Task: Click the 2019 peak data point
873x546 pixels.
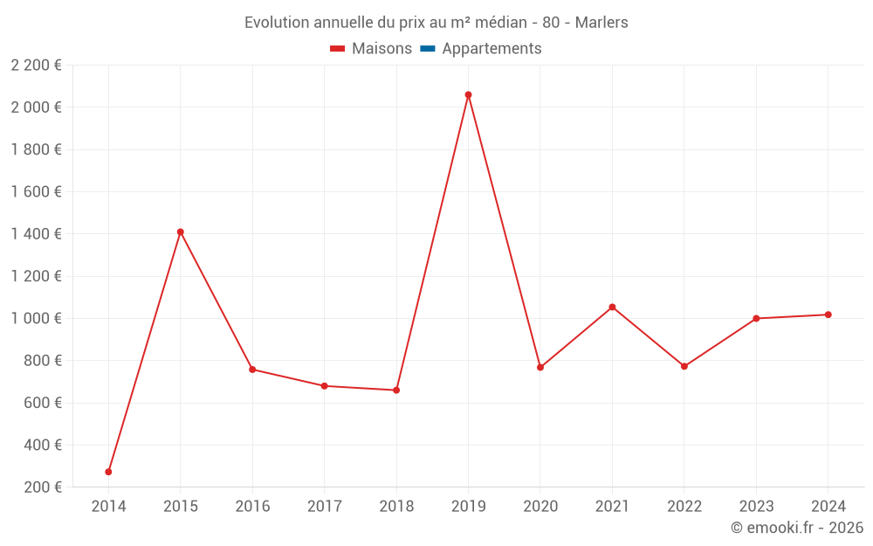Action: [468, 94]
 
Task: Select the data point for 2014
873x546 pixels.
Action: [108, 472]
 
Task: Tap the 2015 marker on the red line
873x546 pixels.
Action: [181, 232]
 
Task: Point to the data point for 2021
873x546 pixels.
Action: [612, 307]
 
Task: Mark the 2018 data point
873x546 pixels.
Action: [396, 390]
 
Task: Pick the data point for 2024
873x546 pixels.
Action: [828, 314]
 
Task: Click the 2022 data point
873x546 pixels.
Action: [684, 366]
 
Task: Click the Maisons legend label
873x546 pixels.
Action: [382, 49]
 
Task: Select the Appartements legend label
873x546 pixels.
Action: [491, 49]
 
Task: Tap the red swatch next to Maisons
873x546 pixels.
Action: [338, 49]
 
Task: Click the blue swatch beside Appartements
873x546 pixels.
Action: [428, 49]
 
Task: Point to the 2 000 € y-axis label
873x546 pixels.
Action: [37, 107]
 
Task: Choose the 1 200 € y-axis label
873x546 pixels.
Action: [37, 276]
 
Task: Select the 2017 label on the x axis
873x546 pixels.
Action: [324, 507]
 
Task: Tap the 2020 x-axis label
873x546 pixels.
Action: [540, 507]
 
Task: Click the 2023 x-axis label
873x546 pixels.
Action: [756, 507]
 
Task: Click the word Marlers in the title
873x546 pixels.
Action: [601, 23]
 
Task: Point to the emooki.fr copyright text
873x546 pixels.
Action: [796, 528]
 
